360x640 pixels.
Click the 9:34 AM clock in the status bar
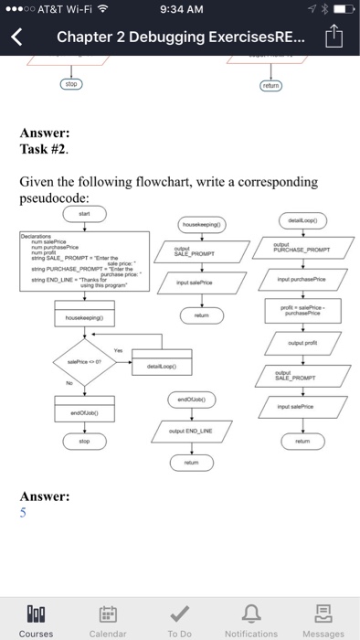point(179,9)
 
